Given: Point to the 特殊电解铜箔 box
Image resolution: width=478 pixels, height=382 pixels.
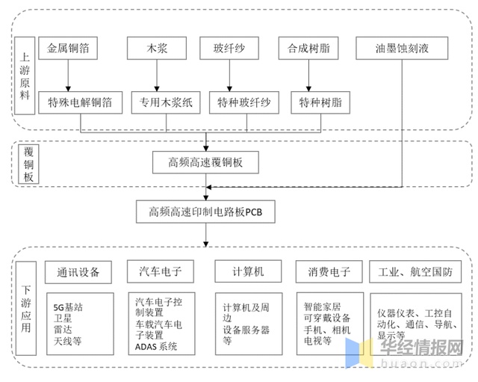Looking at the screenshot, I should (x=79, y=102).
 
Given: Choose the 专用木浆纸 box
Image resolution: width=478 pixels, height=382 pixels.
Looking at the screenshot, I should (x=166, y=102).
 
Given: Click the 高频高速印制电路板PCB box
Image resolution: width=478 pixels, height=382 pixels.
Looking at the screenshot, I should (x=205, y=212).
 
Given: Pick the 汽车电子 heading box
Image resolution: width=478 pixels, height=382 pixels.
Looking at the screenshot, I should (x=161, y=270).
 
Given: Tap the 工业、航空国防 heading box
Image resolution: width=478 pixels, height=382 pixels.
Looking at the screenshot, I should (x=415, y=270).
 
